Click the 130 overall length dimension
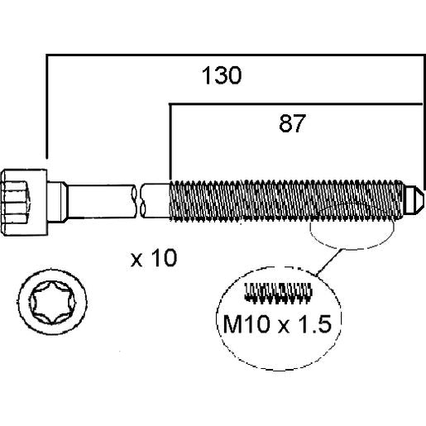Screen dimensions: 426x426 pos(222,75)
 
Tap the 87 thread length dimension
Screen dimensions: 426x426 pos(292,123)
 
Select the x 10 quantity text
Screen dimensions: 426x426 pos(154,258)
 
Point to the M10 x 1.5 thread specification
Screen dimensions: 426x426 pos(277,324)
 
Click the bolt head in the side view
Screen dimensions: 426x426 pos(24,203)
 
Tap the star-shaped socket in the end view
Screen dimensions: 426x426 pos(52,302)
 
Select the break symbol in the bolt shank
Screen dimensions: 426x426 pos(139,200)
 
